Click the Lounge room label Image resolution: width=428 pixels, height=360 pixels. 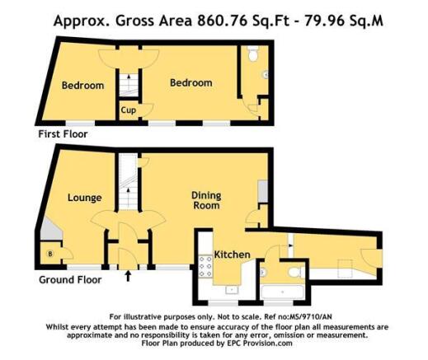85,198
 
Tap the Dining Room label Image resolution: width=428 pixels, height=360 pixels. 206,200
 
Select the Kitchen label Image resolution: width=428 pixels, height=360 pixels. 232,255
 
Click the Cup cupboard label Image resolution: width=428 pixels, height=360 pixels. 129,110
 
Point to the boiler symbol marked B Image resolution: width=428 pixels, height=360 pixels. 50,254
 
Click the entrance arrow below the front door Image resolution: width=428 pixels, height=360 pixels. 128,276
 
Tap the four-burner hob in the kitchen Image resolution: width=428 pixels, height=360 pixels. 205,266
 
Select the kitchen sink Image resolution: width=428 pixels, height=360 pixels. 232,290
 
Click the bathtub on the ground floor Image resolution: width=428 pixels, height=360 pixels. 282,292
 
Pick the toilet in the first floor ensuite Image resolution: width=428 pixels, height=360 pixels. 253,54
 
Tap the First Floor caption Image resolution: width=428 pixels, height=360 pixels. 63,134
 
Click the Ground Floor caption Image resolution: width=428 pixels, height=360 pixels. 70,280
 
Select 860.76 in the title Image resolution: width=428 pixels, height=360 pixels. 222,21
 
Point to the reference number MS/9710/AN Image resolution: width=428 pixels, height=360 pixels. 310,317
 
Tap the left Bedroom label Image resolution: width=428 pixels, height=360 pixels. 82,86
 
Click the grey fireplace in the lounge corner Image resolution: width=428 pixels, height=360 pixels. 50,230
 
